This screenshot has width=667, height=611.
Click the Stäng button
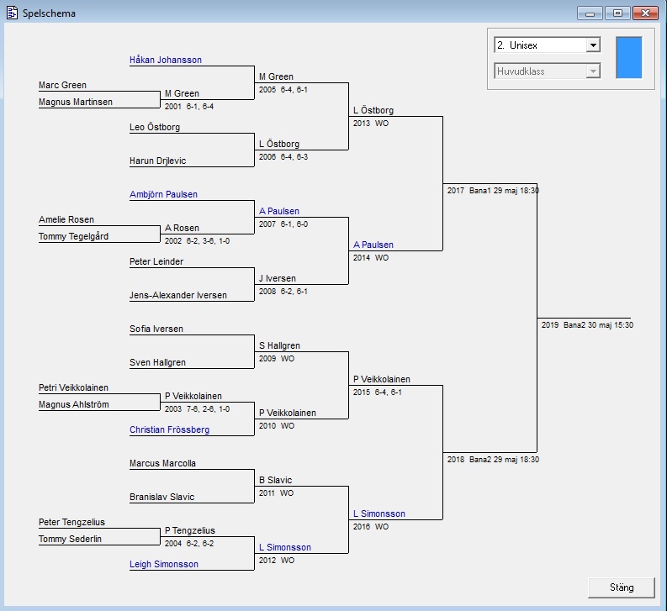click(622, 587)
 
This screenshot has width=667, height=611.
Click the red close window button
click(644, 13)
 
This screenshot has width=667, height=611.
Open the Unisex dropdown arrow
click(593, 45)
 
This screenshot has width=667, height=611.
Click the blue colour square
click(628, 57)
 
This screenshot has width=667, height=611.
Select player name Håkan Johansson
click(166, 61)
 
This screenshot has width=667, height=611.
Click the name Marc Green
click(62, 86)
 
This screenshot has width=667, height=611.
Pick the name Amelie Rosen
click(66, 220)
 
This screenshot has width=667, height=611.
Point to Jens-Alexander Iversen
click(177, 296)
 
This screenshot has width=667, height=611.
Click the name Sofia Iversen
click(156, 329)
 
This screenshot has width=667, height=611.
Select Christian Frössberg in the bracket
click(169, 430)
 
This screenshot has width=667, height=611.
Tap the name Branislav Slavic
click(161, 498)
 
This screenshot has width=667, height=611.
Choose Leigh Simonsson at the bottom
click(164, 565)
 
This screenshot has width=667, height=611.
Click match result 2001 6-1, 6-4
click(189, 107)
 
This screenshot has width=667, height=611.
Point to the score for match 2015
click(378, 392)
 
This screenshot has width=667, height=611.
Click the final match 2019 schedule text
click(587, 325)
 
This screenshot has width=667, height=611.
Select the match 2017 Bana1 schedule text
click(493, 191)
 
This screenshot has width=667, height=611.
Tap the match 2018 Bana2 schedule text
click(493, 460)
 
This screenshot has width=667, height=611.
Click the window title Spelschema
click(49, 13)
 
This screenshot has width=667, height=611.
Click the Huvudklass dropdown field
click(547, 71)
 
